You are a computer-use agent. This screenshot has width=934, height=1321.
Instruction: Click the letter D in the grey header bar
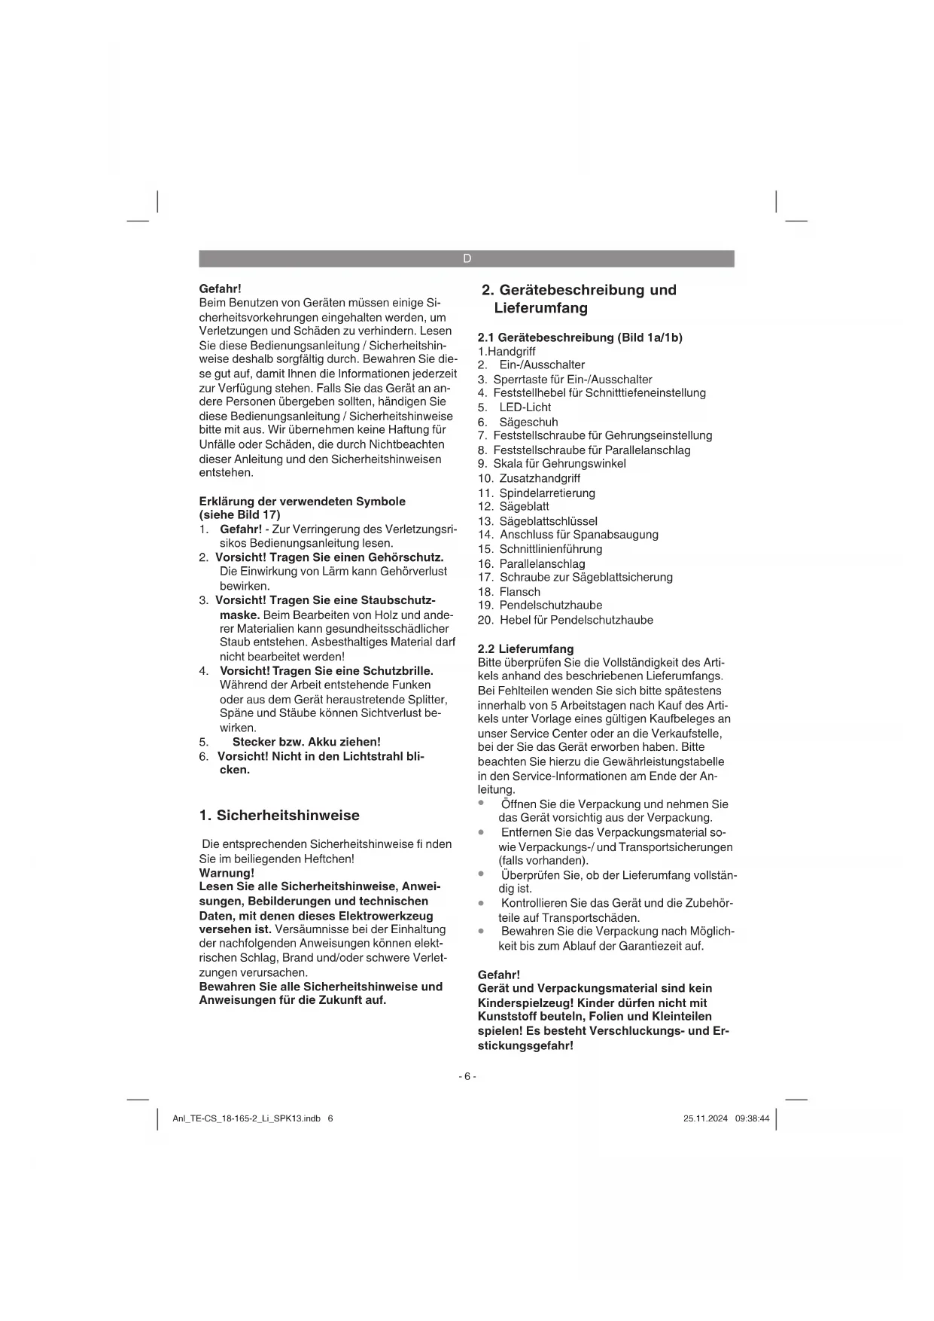[x=467, y=259]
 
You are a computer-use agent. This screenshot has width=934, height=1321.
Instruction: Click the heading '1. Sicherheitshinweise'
[x=279, y=816]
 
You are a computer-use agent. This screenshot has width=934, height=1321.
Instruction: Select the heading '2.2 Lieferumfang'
[x=525, y=648]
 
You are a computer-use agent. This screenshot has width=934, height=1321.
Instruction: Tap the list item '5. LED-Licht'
[x=515, y=407]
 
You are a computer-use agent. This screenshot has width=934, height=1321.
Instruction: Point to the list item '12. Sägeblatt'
[x=514, y=507]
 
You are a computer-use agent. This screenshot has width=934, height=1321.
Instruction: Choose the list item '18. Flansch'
[x=510, y=592]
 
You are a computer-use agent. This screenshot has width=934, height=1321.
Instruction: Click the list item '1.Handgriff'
[x=507, y=352]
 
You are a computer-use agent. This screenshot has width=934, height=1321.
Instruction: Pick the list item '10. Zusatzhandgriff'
[x=529, y=478]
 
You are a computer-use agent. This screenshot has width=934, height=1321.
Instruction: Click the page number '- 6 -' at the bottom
[x=467, y=1077]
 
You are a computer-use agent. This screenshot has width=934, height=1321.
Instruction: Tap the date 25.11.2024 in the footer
[x=705, y=1119]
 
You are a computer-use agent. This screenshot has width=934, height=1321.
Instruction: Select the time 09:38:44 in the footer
[x=753, y=1119]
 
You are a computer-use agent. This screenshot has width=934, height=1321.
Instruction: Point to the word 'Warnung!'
[x=227, y=873]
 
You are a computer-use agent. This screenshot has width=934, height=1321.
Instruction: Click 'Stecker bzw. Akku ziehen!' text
[x=306, y=742]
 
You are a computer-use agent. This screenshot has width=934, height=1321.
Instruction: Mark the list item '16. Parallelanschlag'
[x=531, y=564]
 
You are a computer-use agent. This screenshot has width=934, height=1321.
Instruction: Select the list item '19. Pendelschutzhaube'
[x=540, y=606]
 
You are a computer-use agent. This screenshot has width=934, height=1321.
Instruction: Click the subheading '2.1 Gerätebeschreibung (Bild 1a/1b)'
[x=580, y=337]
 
